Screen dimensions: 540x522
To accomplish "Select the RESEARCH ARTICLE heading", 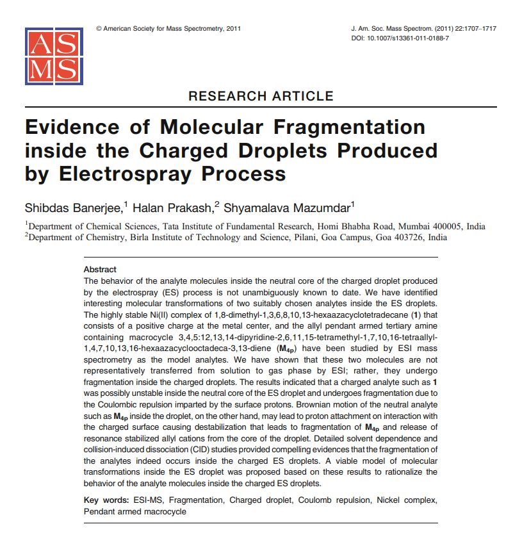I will pos(261,96).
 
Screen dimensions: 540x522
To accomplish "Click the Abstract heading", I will pos(100,270).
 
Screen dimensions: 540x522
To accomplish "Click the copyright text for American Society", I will pos(168,29).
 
